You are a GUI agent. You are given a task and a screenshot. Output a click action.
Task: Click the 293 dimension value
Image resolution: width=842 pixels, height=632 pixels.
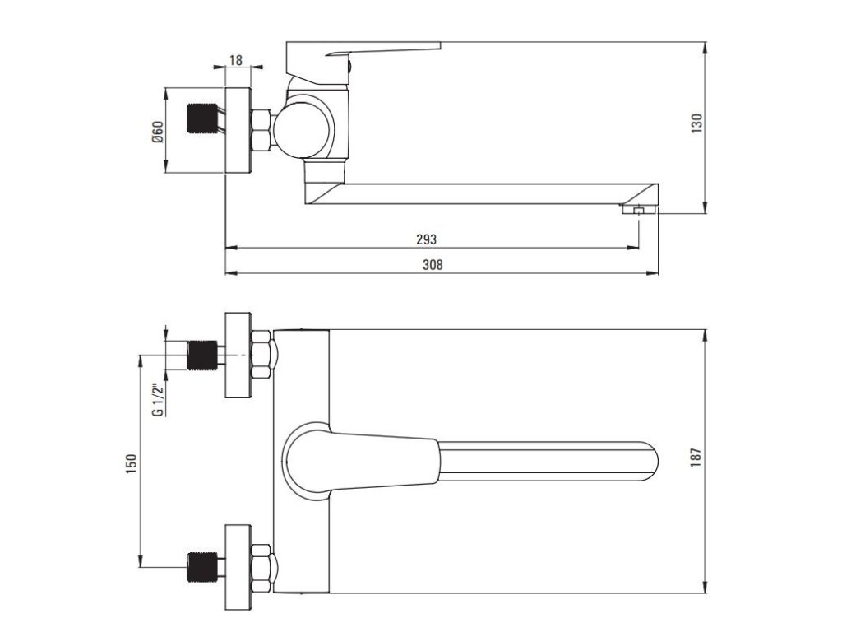click(x=427, y=239)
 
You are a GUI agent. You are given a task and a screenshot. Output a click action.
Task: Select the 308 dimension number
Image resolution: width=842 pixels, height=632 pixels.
click(x=433, y=264)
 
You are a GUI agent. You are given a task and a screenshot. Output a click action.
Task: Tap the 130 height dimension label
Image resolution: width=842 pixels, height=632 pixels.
click(x=696, y=123)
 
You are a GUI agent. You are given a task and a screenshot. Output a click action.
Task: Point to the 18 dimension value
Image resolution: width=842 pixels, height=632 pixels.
click(x=236, y=59)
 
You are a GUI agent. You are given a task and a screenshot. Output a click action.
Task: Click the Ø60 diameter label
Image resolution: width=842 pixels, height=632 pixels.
click(x=157, y=132)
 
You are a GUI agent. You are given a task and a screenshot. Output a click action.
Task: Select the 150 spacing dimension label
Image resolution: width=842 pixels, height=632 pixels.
click(x=131, y=464)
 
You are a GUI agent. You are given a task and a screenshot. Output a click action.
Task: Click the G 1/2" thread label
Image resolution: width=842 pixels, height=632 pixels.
click(x=157, y=400)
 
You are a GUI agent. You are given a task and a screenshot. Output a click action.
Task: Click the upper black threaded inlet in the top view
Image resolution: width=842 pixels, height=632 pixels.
click(x=202, y=355)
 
